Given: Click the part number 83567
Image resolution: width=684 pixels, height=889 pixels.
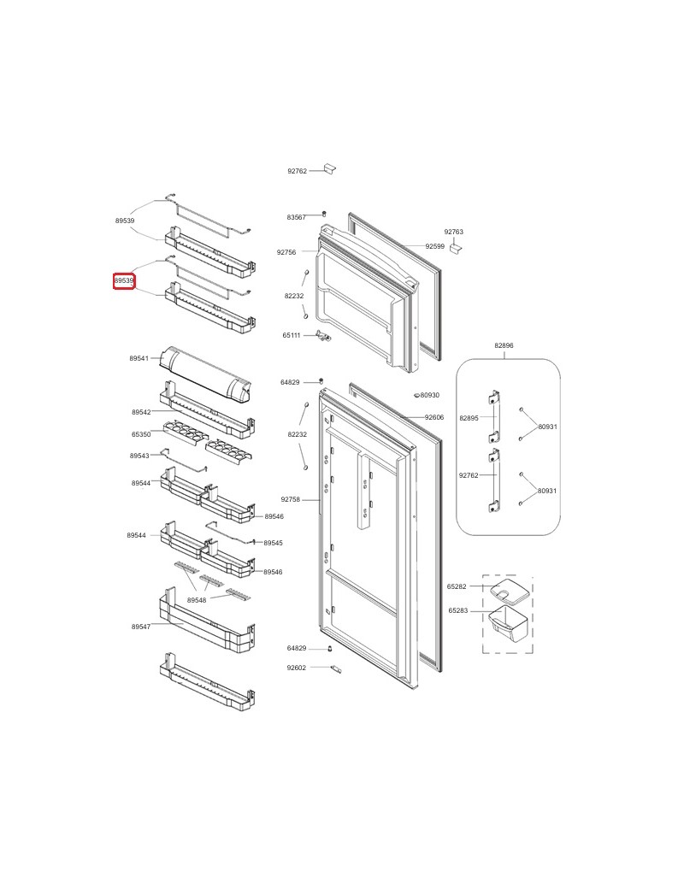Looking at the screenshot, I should [x=296, y=217].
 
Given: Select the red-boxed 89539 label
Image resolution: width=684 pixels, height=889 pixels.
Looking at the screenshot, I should [x=125, y=281].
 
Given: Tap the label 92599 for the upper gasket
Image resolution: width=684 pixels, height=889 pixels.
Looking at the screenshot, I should [x=434, y=246].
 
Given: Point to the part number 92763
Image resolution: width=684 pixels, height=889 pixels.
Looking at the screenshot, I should [x=453, y=232].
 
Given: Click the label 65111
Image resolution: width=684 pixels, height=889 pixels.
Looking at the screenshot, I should [x=292, y=336].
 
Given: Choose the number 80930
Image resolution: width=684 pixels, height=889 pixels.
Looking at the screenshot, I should [x=429, y=395].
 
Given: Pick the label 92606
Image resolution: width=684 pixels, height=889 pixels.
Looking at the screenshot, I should [x=434, y=417].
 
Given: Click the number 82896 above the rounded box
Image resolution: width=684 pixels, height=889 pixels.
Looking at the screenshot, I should [x=504, y=345].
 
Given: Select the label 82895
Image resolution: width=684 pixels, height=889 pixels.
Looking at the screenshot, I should [x=469, y=418].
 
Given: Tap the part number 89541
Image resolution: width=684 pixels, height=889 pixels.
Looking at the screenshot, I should [x=139, y=358].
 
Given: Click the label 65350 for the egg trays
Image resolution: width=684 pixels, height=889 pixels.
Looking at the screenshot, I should [x=141, y=434].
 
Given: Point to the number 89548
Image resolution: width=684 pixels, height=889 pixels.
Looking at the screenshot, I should [x=197, y=600].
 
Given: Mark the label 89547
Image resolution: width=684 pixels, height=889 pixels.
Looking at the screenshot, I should [x=141, y=627].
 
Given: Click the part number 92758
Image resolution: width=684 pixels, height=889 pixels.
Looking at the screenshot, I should [x=291, y=499].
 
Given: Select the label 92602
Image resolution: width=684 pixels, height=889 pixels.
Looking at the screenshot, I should [x=296, y=668].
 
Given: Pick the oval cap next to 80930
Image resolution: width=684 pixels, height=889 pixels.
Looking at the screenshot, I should [x=416, y=396].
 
